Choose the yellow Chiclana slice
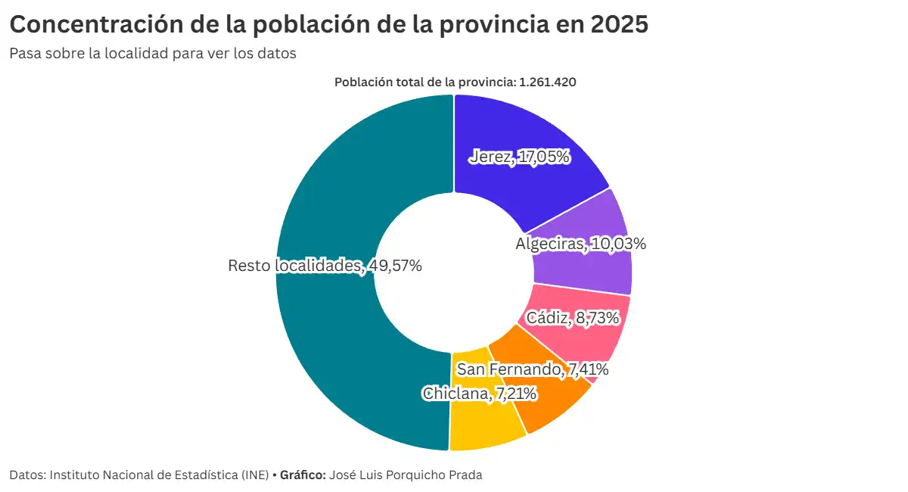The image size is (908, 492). [x=484, y=424]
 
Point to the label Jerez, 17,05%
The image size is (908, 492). [x=519, y=157]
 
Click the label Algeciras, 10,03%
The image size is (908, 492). [x=580, y=244]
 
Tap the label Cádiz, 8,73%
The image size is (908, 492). [x=573, y=318]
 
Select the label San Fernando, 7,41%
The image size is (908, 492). [x=533, y=369]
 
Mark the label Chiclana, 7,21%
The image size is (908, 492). [x=480, y=394]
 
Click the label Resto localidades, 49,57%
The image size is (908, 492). [x=325, y=266]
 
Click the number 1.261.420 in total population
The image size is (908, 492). [x=548, y=83]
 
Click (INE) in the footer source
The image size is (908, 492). [x=255, y=475]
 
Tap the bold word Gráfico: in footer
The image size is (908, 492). [x=303, y=475]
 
